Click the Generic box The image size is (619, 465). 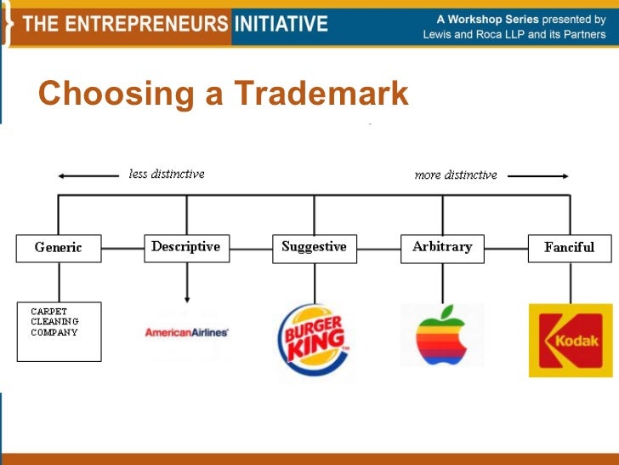(59, 248)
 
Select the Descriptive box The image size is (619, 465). (186, 247)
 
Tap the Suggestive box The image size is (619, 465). (315, 247)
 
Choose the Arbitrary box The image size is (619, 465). (442, 247)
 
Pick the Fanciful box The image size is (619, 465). (570, 248)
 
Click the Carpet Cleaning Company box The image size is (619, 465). (59, 330)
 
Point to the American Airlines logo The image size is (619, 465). (187, 332)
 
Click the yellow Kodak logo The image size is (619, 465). (570, 340)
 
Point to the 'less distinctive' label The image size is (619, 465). (167, 174)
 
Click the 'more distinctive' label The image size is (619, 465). (456, 175)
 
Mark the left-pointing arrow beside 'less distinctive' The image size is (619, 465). (88, 175)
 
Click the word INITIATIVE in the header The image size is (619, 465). (281, 23)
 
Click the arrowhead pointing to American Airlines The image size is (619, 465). (187, 299)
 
